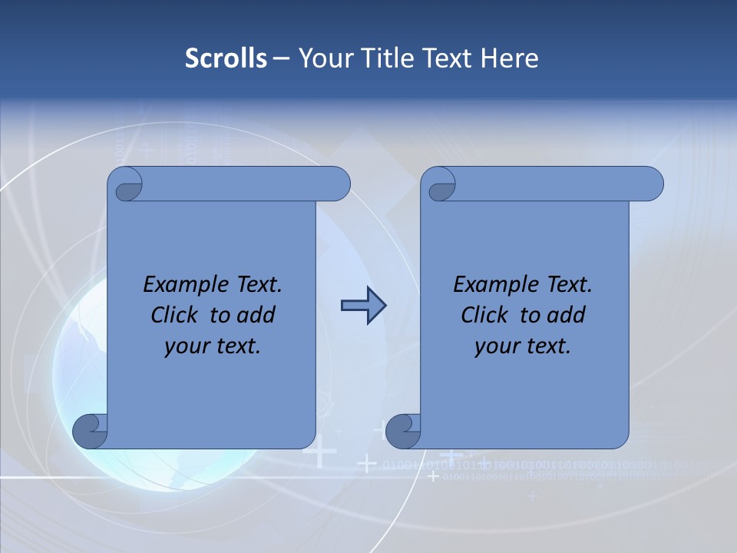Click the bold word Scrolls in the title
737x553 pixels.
click(226, 58)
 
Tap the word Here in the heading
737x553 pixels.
click(509, 58)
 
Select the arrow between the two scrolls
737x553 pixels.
click(363, 306)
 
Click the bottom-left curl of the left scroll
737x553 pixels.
click(89, 431)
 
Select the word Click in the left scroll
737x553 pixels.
click(174, 315)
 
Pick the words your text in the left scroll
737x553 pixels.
click(213, 346)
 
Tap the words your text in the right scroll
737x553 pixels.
click(523, 346)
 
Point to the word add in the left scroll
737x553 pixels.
click(255, 315)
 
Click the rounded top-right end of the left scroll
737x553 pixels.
click(338, 184)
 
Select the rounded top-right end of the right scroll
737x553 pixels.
click(651, 184)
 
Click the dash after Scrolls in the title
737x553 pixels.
click(281, 58)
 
